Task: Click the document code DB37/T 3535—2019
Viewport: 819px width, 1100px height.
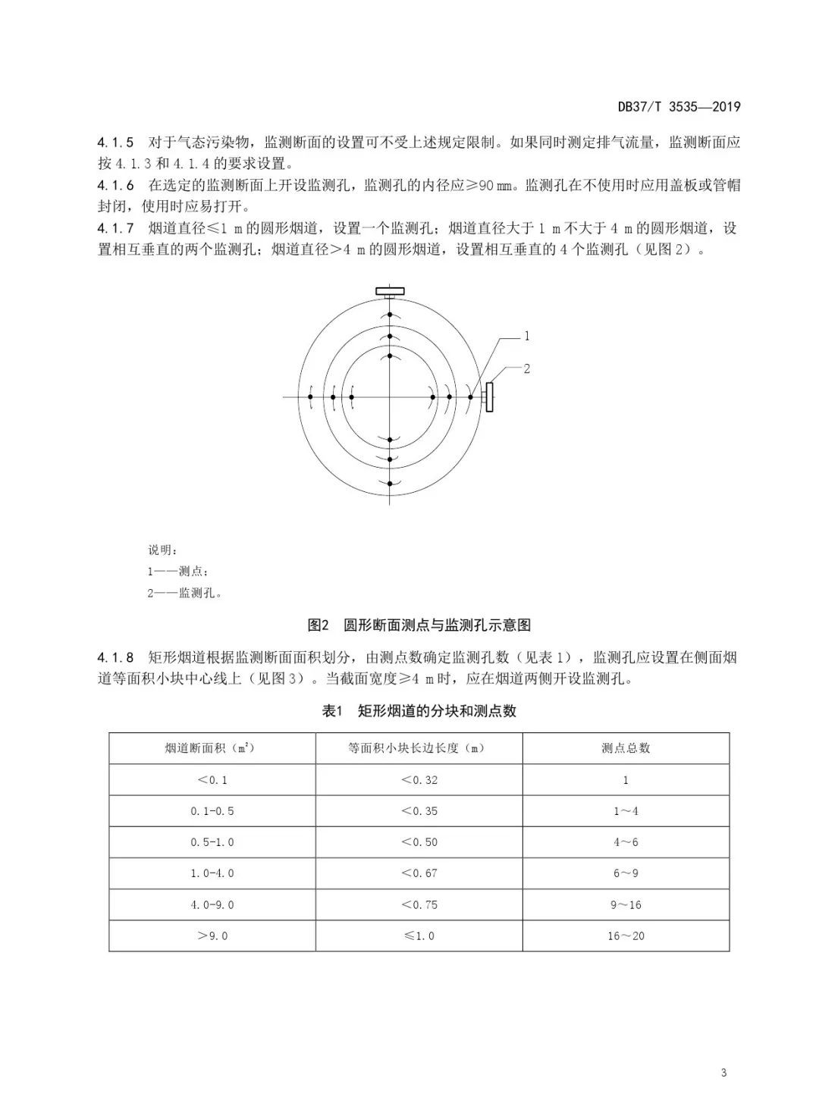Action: pos(678,107)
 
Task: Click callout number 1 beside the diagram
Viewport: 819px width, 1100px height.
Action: pos(526,336)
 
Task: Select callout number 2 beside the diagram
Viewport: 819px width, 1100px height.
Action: pos(526,368)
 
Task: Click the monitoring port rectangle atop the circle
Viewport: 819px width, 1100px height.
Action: pos(390,290)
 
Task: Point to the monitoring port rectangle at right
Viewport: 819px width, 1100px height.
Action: pos(490,397)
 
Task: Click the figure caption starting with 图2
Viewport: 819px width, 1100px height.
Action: pos(419,625)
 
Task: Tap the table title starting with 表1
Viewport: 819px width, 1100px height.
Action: pos(419,711)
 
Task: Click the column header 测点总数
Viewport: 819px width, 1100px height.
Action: pos(626,748)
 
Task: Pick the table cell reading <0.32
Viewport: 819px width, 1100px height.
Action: pos(419,779)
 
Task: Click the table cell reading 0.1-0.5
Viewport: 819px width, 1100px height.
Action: pos(212,811)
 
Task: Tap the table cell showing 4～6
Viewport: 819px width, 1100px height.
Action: pos(626,842)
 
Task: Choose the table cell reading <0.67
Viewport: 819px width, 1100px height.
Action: pos(419,873)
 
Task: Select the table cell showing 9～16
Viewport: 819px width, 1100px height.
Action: pos(626,904)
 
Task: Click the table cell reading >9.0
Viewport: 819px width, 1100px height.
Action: pos(212,935)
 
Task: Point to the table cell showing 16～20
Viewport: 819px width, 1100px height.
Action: pos(626,935)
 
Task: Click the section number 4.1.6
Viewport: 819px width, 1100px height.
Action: pos(115,185)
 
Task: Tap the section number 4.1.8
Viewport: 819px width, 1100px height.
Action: pos(115,657)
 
